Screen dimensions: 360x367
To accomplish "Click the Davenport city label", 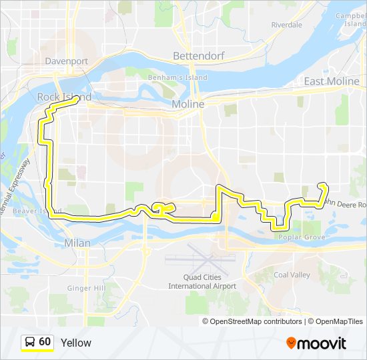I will point(67,61).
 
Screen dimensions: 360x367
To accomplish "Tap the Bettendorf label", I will point(192,55).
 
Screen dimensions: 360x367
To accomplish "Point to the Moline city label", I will point(188,105).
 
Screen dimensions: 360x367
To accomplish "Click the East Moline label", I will point(331,81).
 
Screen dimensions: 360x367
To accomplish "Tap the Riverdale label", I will point(287,25).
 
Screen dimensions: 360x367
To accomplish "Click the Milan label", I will point(77,244).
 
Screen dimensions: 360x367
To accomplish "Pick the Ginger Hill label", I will point(86,288).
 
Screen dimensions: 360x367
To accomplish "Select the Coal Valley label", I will point(292,275).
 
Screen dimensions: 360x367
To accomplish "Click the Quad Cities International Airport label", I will point(202,281).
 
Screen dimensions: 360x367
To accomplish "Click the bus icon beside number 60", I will point(30,342).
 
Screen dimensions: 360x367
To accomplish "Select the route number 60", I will point(45,342).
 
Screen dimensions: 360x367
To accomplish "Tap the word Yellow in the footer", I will point(75,343).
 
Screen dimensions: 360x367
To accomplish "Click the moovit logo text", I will point(323,343).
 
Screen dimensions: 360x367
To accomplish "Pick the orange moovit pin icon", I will point(292,343).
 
